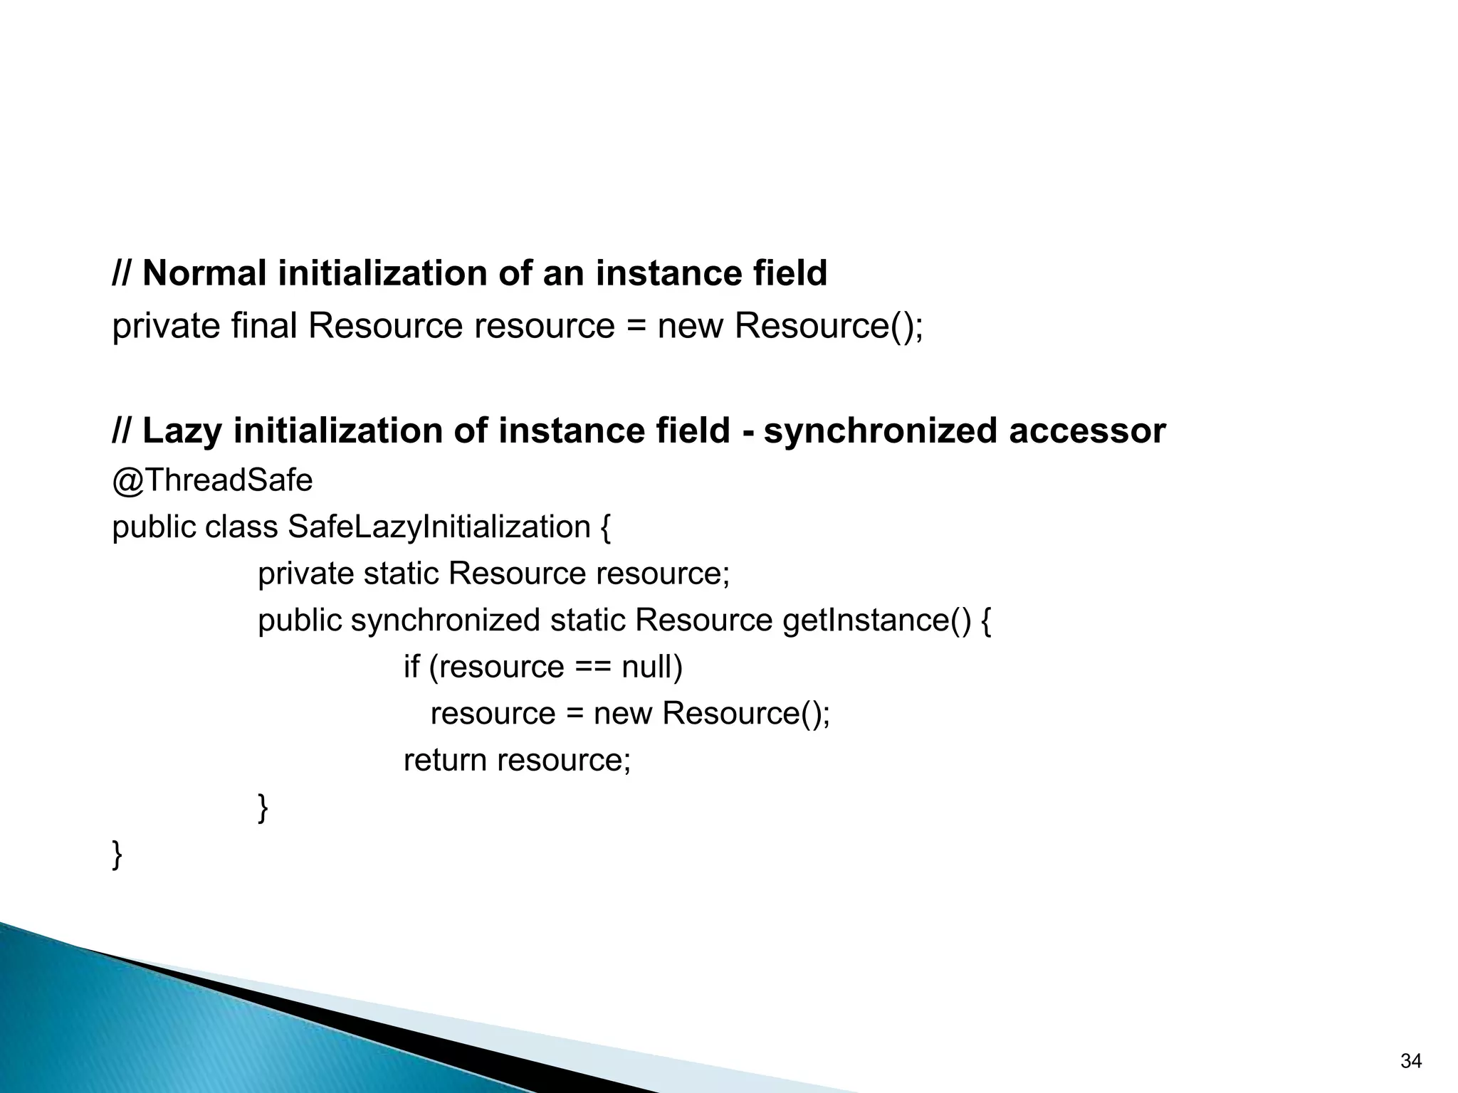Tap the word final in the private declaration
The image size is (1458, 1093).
pyautogui.click(x=263, y=327)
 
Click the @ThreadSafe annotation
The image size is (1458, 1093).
pyautogui.click(x=212, y=480)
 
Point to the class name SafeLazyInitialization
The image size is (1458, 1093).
pyautogui.click(x=439, y=527)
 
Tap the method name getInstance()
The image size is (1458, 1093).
pyautogui.click(x=876, y=621)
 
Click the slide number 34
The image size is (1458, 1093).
pyautogui.click(x=1410, y=1061)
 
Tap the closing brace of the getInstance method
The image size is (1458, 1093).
pyautogui.click(x=263, y=808)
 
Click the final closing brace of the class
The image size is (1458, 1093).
pyautogui.click(x=117, y=855)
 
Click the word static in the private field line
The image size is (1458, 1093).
pyautogui.click(x=401, y=574)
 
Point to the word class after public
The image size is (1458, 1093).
pyautogui.click(x=241, y=527)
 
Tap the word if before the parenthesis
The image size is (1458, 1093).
pyautogui.click(x=411, y=667)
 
